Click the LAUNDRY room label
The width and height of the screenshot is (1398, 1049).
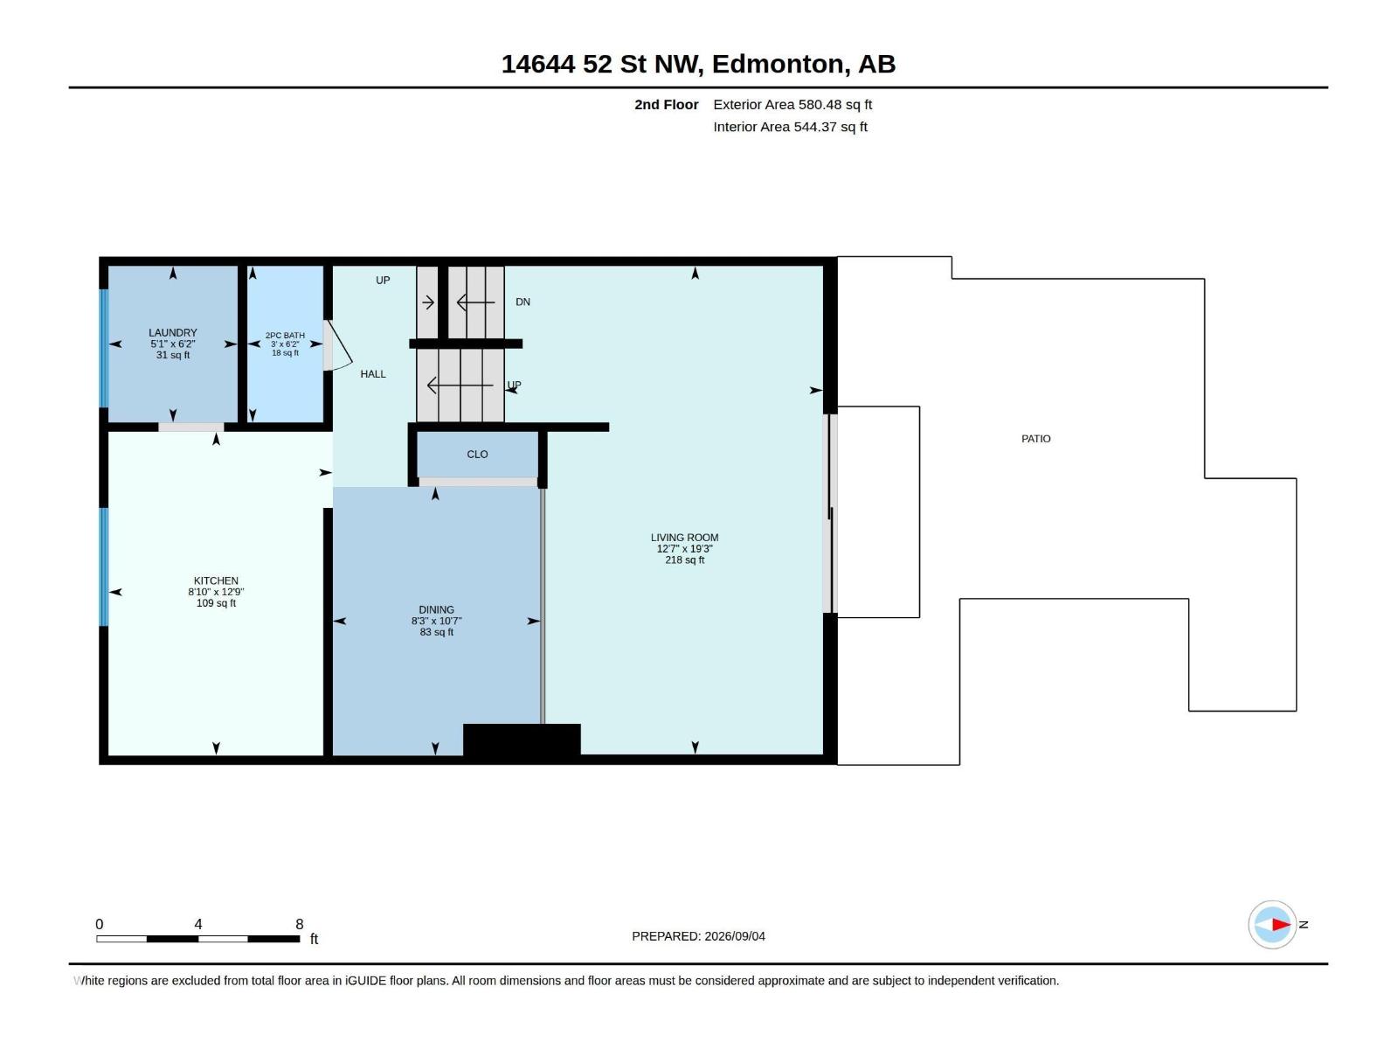tap(173, 332)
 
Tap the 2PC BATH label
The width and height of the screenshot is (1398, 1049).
tap(285, 335)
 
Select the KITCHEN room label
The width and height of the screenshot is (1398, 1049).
tap(216, 580)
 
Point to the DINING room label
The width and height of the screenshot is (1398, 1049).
tap(436, 609)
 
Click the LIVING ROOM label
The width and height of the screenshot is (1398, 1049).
tap(684, 537)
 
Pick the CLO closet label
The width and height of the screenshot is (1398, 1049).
tap(477, 454)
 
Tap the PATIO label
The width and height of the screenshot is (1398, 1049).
tap(1035, 438)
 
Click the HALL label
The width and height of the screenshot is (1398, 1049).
tap(372, 374)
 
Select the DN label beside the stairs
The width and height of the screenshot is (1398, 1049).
tap(523, 302)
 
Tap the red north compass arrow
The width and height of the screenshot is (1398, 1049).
tap(1281, 924)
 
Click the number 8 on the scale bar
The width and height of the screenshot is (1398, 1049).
tap(300, 923)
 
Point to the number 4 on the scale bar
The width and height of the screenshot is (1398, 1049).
tap(198, 923)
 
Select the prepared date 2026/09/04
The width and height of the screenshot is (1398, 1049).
tap(734, 936)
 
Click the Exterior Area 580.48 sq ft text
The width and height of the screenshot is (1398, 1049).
tap(792, 104)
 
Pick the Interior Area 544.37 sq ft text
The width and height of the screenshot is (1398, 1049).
tap(790, 127)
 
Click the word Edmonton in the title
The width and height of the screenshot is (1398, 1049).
tap(779, 65)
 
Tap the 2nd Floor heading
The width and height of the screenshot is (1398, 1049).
tap(666, 104)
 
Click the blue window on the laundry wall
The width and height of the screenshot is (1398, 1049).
tap(104, 348)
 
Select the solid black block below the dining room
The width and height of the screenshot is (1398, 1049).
tap(522, 740)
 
